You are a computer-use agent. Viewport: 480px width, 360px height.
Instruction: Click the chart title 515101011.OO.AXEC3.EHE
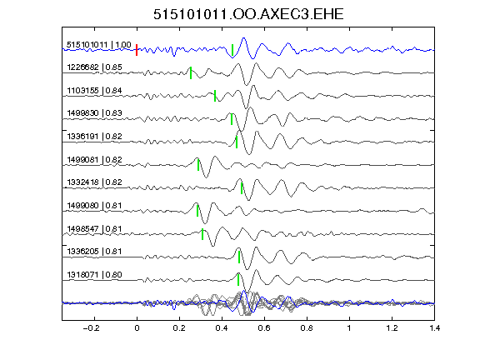[x=248, y=14]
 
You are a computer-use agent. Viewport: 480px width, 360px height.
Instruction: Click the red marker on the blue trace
[x=137, y=50]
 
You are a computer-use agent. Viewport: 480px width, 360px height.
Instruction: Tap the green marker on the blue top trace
[x=232, y=50]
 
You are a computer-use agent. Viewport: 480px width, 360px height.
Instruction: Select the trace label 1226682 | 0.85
[x=94, y=67]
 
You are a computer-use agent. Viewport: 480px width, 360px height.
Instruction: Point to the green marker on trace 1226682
[x=191, y=72]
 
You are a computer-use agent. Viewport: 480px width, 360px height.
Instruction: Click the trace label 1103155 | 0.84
[x=94, y=90]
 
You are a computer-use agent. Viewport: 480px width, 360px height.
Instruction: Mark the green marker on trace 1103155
[x=215, y=96]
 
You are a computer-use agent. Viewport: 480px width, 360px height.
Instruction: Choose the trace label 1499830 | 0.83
[x=94, y=113]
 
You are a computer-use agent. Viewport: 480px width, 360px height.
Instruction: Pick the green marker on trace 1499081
[x=198, y=165]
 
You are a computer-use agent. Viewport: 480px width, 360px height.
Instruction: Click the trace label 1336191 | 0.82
[x=94, y=136]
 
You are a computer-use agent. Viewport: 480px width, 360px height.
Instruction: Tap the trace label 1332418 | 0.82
[x=94, y=182]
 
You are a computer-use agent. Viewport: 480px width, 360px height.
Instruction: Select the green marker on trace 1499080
[x=197, y=211]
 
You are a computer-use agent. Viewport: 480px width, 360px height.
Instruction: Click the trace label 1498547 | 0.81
[x=94, y=228]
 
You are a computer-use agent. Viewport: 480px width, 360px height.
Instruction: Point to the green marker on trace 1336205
[x=239, y=257]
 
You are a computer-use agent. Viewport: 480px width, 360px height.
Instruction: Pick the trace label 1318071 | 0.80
[x=94, y=275]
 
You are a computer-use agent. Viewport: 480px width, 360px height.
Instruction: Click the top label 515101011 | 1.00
[x=99, y=45]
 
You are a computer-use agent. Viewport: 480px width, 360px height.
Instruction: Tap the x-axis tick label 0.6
[x=264, y=328]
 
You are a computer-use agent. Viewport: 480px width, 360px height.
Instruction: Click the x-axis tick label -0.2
[x=92, y=328]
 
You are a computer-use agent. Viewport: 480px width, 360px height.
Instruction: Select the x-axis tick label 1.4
[x=434, y=328]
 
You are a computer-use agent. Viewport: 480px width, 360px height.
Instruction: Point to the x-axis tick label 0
[x=137, y=328]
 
